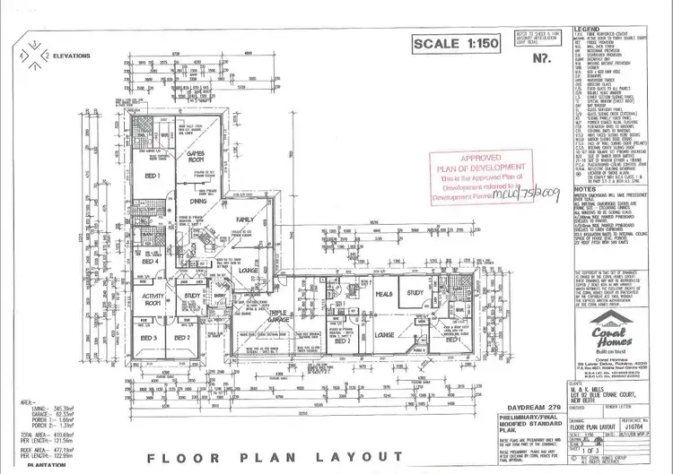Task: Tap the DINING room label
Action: pos(200,203)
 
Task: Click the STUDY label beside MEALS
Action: pos(415,293)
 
